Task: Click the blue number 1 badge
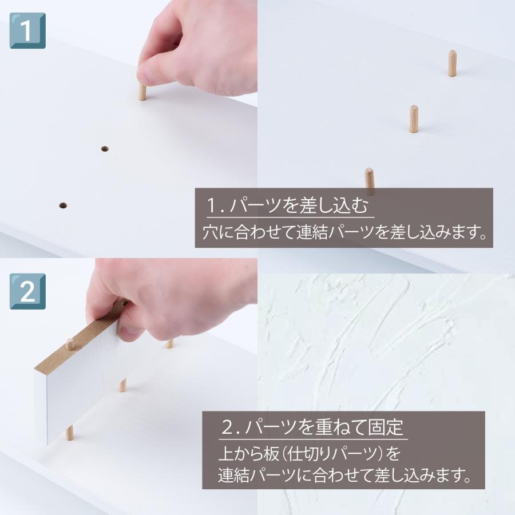27,30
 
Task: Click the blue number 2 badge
27,291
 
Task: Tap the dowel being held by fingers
142,92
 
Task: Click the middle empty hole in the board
105,149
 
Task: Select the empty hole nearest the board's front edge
62,204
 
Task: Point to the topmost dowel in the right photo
452,63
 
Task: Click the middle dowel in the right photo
413,118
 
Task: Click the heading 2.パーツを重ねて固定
313,427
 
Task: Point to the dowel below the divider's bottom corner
69,433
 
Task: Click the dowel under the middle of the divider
122,385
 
